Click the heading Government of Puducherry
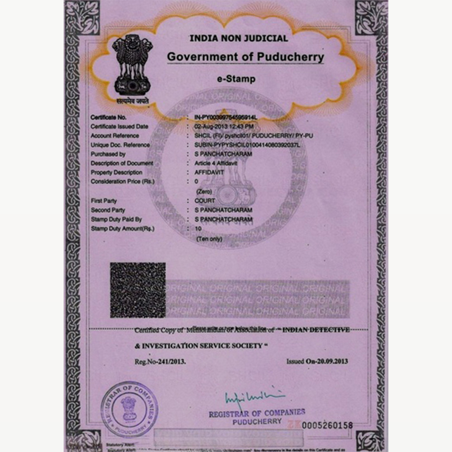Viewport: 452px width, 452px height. click(x=245, y=57)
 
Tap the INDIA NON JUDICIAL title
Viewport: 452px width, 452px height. click(x=239, y=39)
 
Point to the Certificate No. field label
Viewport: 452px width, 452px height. click(x=108, y=118)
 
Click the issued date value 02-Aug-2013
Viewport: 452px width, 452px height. click(x=224, y=126)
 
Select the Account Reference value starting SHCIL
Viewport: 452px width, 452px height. click(x=254, y=136)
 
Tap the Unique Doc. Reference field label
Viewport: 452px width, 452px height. click(x=120, y=145)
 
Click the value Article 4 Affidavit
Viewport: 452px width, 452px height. click(x=216, y=163)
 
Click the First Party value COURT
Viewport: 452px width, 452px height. click(x=205, y=201)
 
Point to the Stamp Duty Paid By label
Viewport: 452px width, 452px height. click(x=116, y=219)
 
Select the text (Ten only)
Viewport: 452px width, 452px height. click(x=209, y=239)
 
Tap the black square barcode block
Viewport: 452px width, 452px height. click(x=138, y=290)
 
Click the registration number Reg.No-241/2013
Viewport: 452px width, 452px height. click(x=160, y=362)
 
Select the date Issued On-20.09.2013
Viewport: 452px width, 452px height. click(x=317, y=361)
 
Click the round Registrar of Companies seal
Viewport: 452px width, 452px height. click(x=129, y=409)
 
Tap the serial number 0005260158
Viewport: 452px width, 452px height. click(x=327, y=426)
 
